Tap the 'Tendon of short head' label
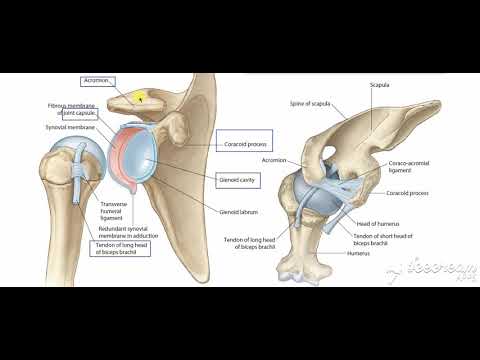[x=381, y=240]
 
